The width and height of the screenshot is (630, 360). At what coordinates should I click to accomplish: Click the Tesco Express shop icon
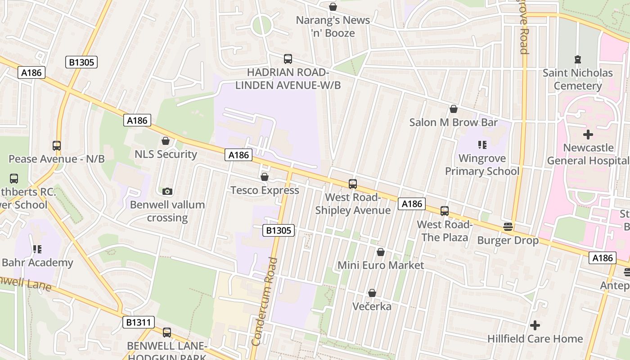tap(265, 177)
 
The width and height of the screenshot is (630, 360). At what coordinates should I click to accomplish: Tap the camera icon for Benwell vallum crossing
tap(167, 192)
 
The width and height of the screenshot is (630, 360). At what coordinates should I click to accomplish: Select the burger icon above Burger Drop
tap(508, 227)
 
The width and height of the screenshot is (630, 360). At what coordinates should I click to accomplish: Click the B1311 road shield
tap(138, 322)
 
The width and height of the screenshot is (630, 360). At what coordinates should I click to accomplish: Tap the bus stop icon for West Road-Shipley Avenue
tap(352, 184)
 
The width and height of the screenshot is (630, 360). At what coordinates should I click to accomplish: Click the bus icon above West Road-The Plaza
tap(445, 211)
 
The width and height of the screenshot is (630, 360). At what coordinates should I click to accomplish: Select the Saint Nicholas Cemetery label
tap(578, 79)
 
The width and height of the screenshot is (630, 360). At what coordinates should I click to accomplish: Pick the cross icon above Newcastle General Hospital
tap(588, 135)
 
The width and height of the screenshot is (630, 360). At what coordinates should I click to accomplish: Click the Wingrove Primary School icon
tap(482, 145)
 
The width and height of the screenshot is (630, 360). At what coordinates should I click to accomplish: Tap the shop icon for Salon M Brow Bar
tap(454, 109)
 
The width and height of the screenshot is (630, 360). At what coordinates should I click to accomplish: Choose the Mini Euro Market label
tap(381, 265)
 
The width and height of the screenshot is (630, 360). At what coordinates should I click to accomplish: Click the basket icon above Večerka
tap(372, 293)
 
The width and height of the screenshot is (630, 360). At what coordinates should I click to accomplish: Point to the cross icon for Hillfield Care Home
tap(535, 325)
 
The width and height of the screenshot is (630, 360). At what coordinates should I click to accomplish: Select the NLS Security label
tap(166, 154)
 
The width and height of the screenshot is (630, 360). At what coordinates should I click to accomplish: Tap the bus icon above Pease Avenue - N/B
tap(56, 146)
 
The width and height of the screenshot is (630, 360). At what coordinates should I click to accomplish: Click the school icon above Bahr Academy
tap(37, 249)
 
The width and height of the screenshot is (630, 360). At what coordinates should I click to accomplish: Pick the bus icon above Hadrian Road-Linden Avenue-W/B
tap(288, 59)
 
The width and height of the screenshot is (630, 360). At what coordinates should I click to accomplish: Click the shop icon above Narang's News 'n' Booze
tap(333, 7)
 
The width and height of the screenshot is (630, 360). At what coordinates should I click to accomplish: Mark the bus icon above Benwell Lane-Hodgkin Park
tap(167, 333)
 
